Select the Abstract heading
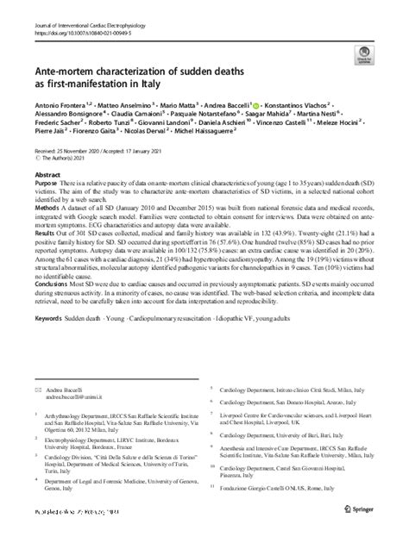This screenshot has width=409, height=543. pos(47,197)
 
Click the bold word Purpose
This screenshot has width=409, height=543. pos(47,209)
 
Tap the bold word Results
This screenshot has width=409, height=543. pos(46,256)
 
